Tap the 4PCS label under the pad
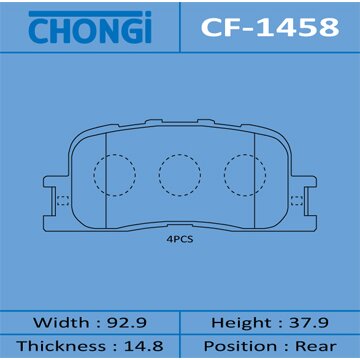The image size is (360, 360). click(180, 241)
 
